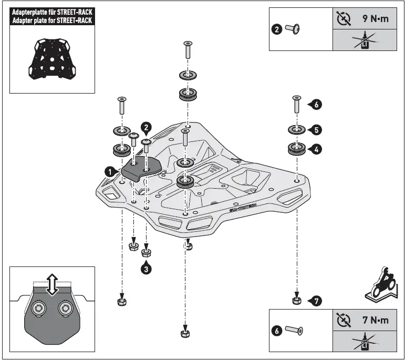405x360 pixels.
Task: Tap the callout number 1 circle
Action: click(x=109, y=170)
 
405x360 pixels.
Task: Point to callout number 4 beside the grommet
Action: click(x=316, y=150)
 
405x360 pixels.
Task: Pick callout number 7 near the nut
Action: click(x=315, y=301)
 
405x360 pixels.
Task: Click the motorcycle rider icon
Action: click(x=381, y=287)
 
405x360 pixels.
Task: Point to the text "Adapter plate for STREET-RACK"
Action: click(x=52, y=20)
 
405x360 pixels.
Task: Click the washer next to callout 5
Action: click(x=297, y=129)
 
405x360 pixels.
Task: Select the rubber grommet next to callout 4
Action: click(x=297, y=149)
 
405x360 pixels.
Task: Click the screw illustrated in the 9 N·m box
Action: click(x=293, y=30)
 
